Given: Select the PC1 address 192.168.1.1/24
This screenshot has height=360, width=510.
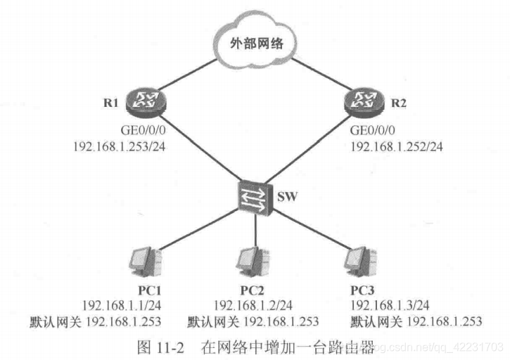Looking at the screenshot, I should pos(121,306).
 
